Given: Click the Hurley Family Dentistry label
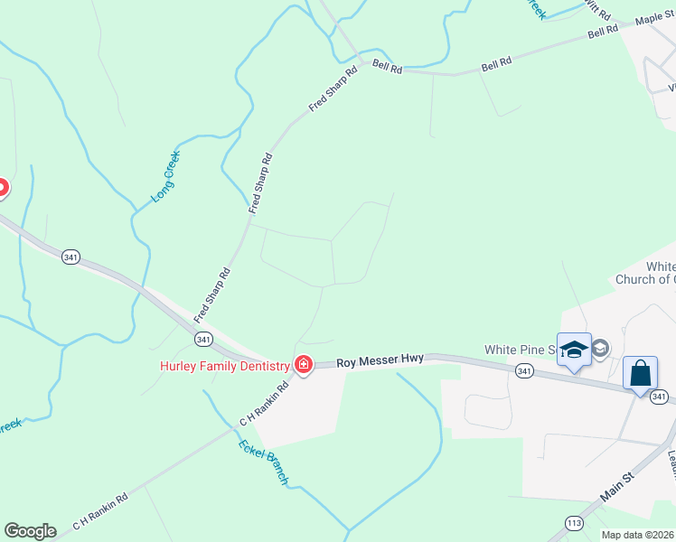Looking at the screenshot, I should pyautogui.click(x=224, y=366).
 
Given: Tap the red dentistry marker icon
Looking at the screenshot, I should pyautogui.click(x=304, y=365).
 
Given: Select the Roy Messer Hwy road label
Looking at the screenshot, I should pyautogui.click(x=380, y=360).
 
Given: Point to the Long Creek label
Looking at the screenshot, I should pyautogui.click(x=166, y=175).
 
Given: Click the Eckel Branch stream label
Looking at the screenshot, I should pyautogui.click(x=263, y=462).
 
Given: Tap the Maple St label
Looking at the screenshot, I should pyautogui.click(x=660, y=18).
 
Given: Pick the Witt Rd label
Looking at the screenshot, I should pyautogui.click(x=597, y=9).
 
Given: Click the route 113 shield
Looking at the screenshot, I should pyautogui.click(x=573, y=522).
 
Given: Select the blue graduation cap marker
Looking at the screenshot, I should pyautogui.click(x=574, y=350).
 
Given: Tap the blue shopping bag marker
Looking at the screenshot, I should pyautogui.click(x=640, y=374).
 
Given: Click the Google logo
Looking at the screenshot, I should pyautogui.click(x=30, y=531).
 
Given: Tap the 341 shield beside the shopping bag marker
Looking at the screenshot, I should pyautogui.click(x=659, y=397).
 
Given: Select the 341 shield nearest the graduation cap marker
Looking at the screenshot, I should pyautogui.click(x=523, y=371).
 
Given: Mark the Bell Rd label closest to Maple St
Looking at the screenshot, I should pyautogui.click(x=602, y=31).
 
